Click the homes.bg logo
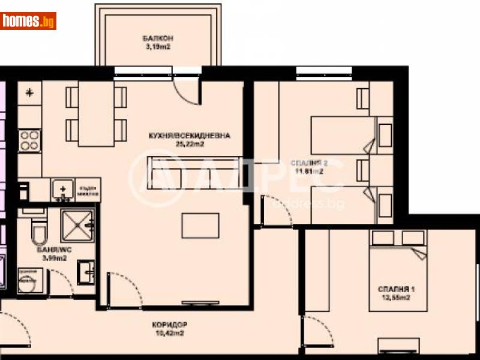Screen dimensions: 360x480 pos(29,21)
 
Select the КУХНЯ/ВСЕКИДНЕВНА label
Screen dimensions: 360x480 pos(190,136)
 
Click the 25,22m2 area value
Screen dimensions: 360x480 pos(190,145)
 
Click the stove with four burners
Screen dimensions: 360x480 pos(29,141)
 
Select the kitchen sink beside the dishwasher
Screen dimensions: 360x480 pos(61,190)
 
